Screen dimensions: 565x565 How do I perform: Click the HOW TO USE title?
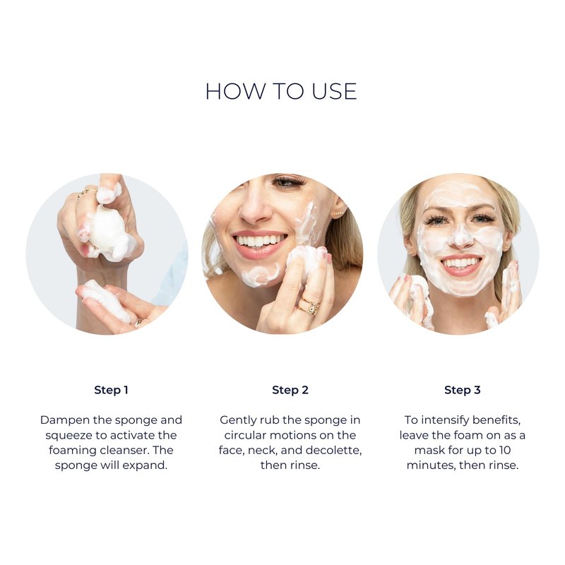[281, 91]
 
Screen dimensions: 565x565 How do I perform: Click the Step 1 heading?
[111, 390]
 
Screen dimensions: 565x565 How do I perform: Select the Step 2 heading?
[290, 390]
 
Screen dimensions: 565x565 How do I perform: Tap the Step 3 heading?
[463, 390]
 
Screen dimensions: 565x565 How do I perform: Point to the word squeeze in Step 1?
[69, 436]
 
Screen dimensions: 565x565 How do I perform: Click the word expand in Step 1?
[145, 466]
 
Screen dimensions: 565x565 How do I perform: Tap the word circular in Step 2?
[245, 435]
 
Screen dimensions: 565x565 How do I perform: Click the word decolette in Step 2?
[333, 451]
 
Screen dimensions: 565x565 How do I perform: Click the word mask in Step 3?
[429, 451]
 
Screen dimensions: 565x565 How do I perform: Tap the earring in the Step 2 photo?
[338, 214]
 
